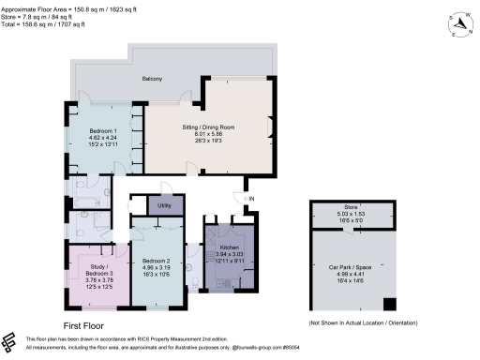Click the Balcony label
(153, 79)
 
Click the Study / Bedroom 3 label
(97, 258)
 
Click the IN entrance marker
(250, 199)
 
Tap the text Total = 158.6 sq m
(45, 22)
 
